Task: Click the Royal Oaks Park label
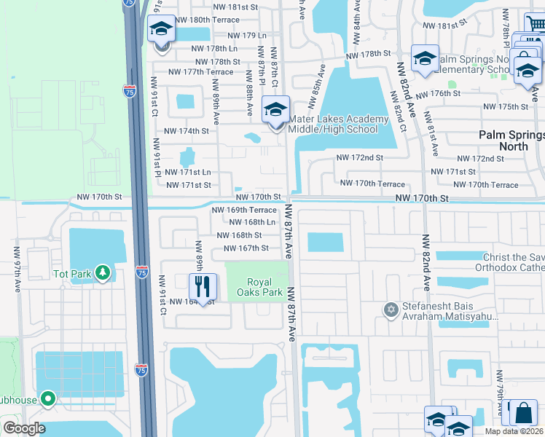(264, 287)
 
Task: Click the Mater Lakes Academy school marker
(275, 111)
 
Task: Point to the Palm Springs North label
(512, 141)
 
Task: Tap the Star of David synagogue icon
(391, 310)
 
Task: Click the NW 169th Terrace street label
(244, 210)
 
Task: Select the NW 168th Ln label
(251, 222)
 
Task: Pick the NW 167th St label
(240, 248)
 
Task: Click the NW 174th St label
(187, 131)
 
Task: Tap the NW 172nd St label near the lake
(359, 158)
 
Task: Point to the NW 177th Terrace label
(200, 72)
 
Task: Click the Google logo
(23, 428)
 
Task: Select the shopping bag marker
(525, 412)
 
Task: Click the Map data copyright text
(514, 431)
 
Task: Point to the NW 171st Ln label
(188, 173)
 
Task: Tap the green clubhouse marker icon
(48, 398)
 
